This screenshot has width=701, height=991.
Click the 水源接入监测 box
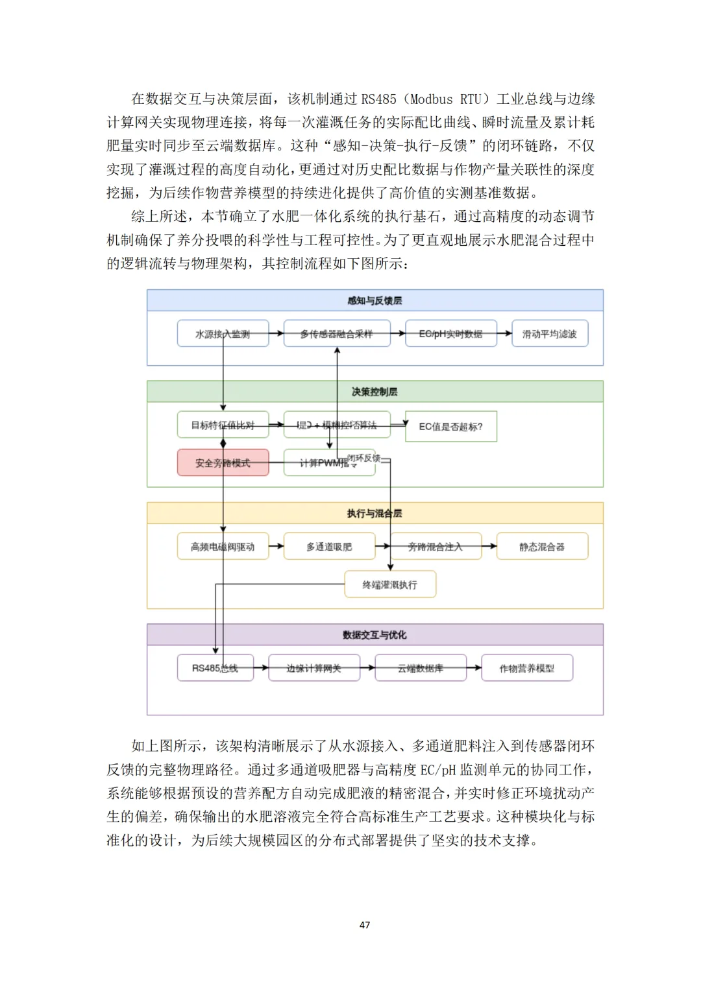(223, 333)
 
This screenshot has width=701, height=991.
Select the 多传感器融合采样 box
(337, 333)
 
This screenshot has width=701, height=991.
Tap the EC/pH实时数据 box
(451, 333)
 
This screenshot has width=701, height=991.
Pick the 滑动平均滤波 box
(550, 333)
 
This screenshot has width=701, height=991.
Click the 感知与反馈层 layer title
(375, 300)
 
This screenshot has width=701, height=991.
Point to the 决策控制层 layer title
(375, 392)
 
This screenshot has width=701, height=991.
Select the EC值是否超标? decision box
(451, 426)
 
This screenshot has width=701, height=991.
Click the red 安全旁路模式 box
(223, 462)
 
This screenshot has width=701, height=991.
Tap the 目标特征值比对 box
(223, 425)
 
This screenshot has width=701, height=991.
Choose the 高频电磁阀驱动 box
(223, 547)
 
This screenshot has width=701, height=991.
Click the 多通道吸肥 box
(329, 547)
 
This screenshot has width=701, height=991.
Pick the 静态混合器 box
(542, 547)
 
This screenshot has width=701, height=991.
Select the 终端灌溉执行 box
(390, 584)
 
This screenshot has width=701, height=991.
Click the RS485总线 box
(215, 668)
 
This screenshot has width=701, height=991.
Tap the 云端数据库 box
(421, 668)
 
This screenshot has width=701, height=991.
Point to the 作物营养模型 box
(527, 668)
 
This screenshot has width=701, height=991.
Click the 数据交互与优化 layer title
(375, 635)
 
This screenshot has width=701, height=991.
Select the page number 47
(365, 925)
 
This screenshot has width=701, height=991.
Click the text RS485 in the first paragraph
(378, 99)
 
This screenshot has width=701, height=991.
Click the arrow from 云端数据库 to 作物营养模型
(474, 668)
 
